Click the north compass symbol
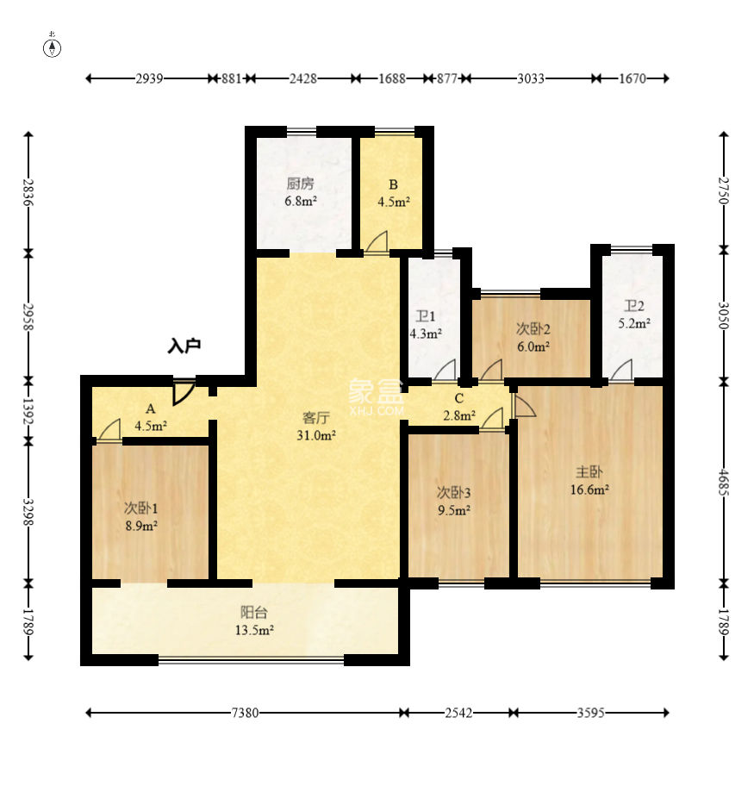pos(52,47)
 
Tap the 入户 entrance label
pos(185,346)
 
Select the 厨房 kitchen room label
pos(301,184)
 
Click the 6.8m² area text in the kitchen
pos(301,201)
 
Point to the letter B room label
pos(393,185)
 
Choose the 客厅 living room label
pos(316,418)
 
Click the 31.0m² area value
pos(316,435)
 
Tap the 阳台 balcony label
pos(253,613)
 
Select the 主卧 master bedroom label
pos(589,471)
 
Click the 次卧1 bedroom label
pos(141,508)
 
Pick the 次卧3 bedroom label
pos(453,492)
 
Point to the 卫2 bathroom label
pos(634,306)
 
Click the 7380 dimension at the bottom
pos(245,713)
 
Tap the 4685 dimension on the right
pos(724,483)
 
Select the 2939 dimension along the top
pos(149,78)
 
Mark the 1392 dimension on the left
pos(28,412)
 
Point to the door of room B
pos(377,241)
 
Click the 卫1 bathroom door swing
pos(445,371)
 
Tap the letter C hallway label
pos(458,398)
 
